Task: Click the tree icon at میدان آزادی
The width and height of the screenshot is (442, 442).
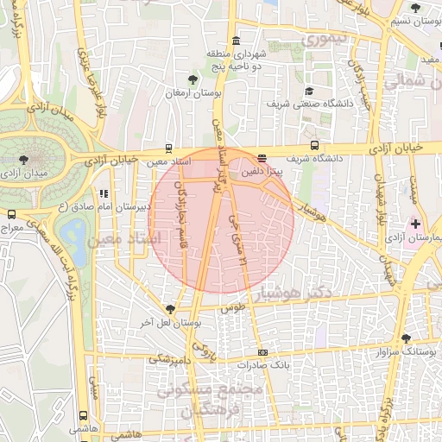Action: point(22,159)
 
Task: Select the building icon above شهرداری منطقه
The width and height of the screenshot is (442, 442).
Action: point(237,41)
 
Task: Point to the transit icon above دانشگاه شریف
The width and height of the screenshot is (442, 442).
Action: point(314,147)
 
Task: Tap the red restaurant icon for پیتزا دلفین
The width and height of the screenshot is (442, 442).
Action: point(262,159)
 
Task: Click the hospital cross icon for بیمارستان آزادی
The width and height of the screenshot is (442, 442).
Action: point(415,223)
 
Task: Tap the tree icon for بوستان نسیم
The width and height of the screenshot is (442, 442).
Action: point(416,8)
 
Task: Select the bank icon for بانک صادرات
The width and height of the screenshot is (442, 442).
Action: point(262,352)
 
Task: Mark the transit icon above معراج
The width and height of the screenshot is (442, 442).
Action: point(11,214)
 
